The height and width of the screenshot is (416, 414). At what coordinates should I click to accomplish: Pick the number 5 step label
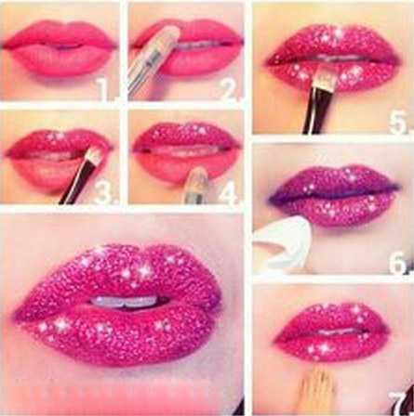[x=399, y=121]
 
